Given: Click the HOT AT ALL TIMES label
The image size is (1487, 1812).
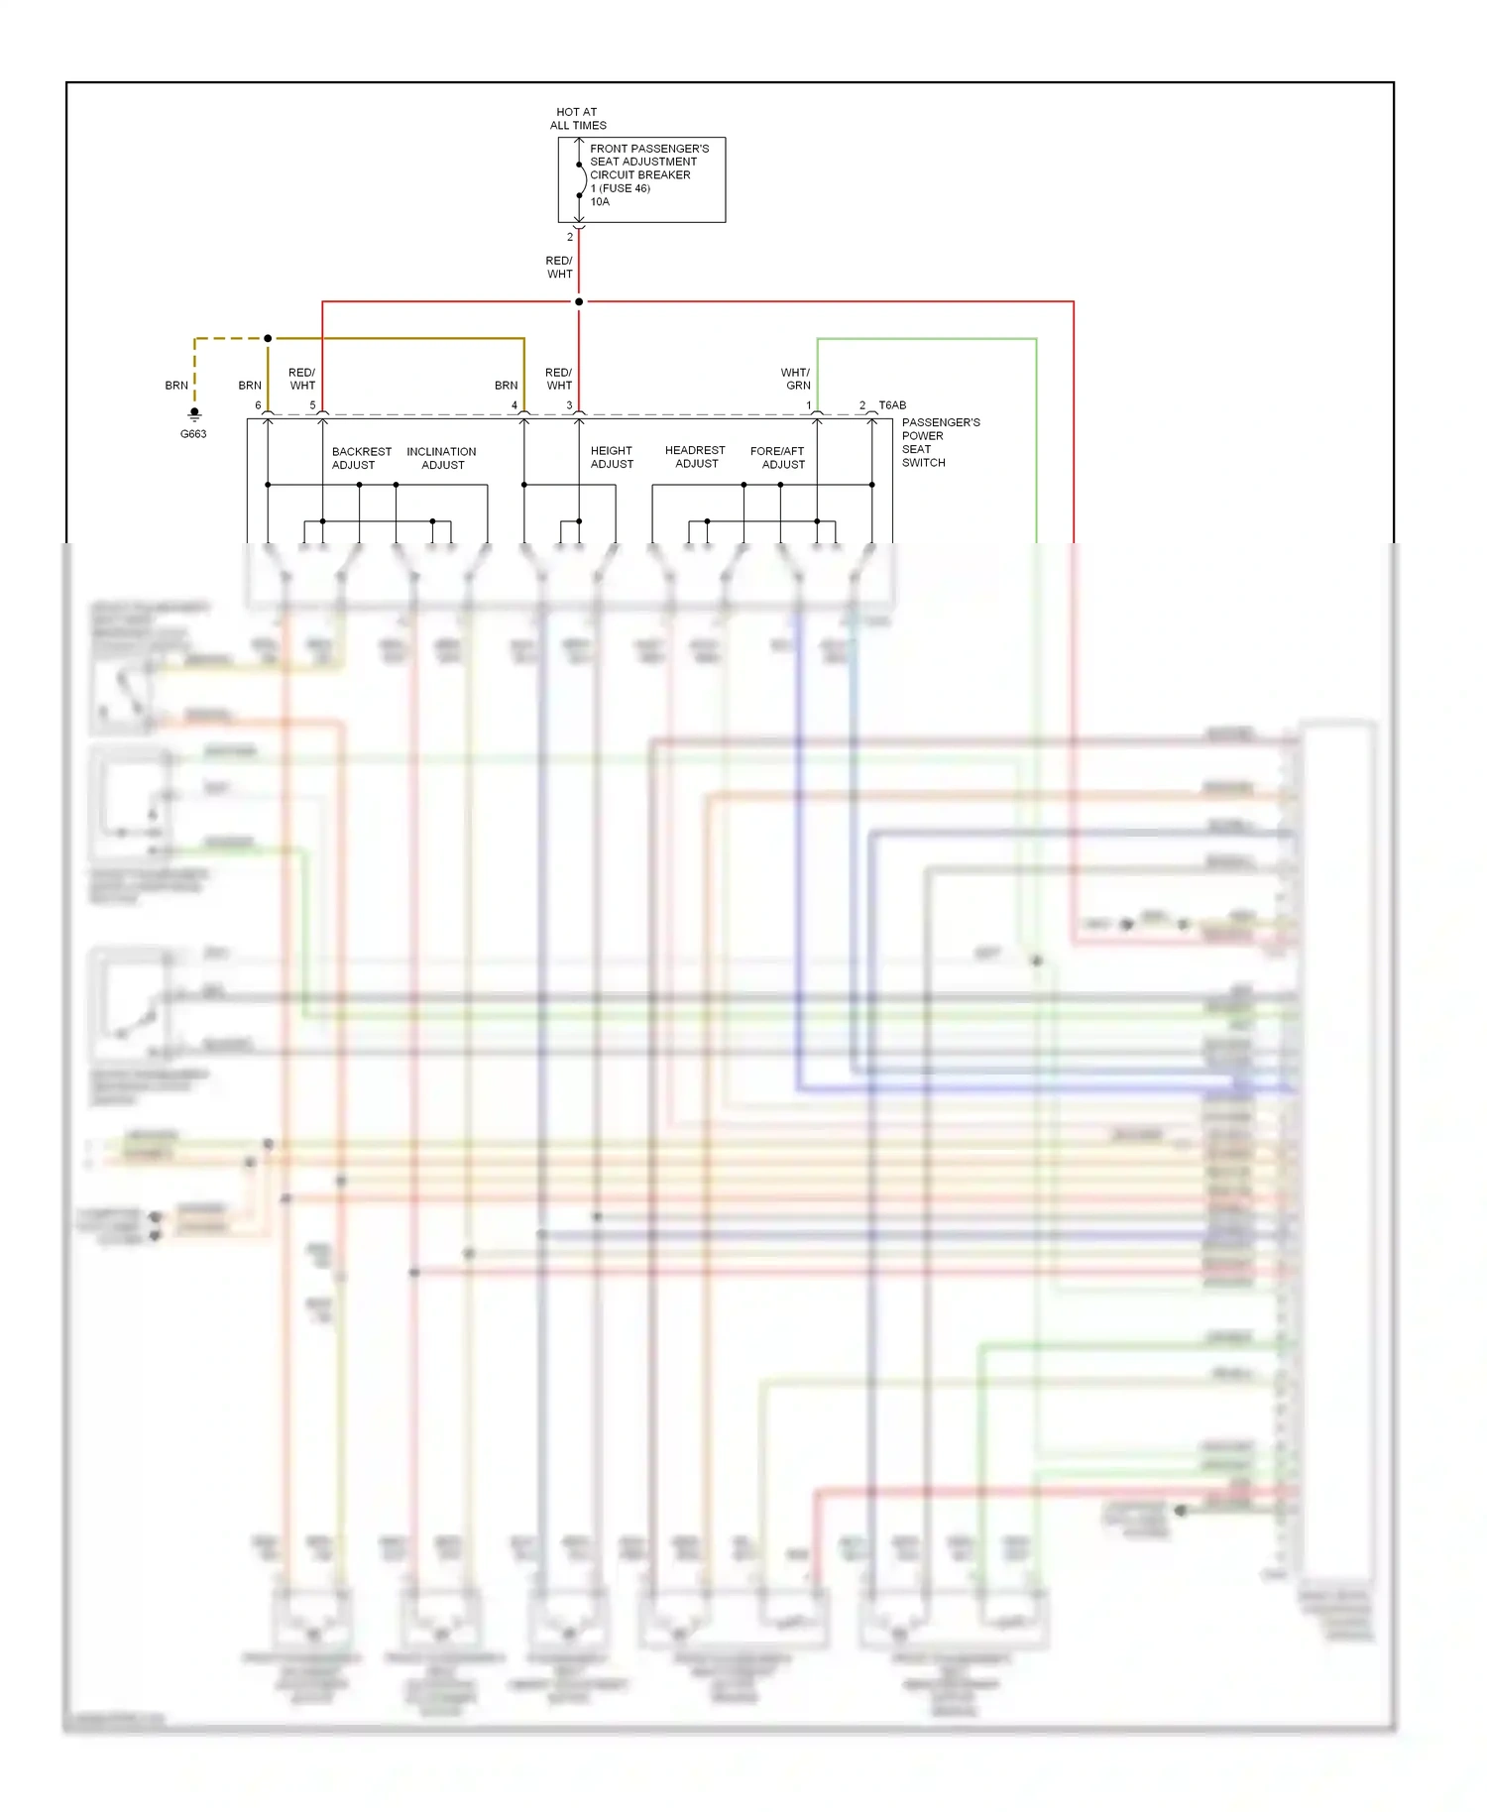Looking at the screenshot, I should [578, 119].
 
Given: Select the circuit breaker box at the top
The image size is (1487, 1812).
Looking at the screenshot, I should [641, 179].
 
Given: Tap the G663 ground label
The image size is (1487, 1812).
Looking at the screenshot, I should [193, 434].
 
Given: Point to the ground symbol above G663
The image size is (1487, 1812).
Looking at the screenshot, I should [194, 414].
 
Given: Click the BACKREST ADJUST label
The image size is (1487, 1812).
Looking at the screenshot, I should [361, 458].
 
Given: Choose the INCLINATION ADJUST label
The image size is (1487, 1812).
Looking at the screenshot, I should [441, 458].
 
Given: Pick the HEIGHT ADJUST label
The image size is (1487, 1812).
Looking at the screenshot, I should [612, 457].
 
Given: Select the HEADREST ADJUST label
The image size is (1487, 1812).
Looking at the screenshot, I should [695, 457].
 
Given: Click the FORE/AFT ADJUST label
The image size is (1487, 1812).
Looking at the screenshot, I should [778, 457].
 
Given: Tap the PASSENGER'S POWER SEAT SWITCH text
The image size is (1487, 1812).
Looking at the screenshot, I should [940, 442].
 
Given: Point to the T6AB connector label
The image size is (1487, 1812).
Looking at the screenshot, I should [892, 405].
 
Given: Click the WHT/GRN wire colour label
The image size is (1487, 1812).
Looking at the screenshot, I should [796, 379].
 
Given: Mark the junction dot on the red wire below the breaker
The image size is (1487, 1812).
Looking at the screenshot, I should [579, 301].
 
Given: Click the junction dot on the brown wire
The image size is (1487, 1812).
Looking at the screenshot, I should [268, 338].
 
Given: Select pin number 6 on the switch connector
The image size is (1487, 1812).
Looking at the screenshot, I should [258, 405].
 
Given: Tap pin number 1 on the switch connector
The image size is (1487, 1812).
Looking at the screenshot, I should [809, 405].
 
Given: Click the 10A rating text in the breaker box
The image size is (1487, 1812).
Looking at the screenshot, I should [600, 202].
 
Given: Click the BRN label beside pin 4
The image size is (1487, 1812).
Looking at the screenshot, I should [506, 386].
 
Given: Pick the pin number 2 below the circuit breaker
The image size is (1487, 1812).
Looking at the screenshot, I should [570, 237].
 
